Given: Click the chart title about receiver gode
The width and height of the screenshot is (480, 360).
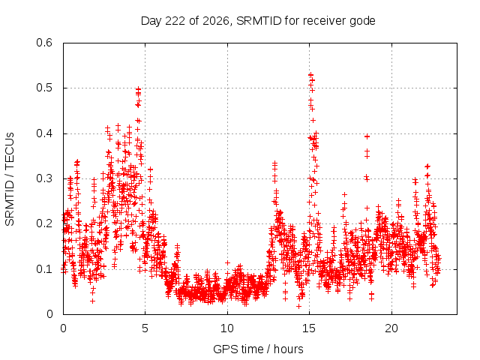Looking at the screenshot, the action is pos(258,21).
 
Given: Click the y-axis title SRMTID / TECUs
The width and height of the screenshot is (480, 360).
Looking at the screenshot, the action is pos(10,179).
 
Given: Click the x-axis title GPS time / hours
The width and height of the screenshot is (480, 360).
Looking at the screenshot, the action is pos(258,349).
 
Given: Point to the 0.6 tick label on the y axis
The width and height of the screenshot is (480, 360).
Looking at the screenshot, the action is pos(44,43).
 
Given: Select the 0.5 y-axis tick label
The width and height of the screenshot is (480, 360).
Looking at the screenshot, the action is pos(44,88).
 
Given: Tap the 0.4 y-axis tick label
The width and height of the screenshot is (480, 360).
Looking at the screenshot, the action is pos(44,133).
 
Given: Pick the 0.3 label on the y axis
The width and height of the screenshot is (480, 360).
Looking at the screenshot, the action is pos(44,178).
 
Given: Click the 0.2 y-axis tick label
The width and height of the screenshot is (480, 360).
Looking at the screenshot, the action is pos(44,223).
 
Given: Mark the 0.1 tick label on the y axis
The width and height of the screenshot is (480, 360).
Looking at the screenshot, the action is pos(44,269).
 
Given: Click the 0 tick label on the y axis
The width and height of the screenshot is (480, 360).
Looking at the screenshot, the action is pos(49,314).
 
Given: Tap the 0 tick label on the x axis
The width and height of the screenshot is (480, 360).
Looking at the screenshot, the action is pos(63,328).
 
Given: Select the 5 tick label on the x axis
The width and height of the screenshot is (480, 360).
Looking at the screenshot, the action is pos(145,328).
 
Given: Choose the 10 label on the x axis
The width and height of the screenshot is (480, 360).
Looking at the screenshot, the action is pos(227,328).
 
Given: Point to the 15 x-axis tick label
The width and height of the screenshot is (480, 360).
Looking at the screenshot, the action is pos(309,328).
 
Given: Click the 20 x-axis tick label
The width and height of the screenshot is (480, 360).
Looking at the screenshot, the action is pos(391,328).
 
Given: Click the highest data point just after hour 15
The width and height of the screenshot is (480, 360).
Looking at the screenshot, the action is pos(310,75).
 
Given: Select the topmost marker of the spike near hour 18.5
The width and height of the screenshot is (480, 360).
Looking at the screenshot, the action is pos(367,136).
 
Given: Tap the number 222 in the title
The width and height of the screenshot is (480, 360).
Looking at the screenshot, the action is pos(175,21).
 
